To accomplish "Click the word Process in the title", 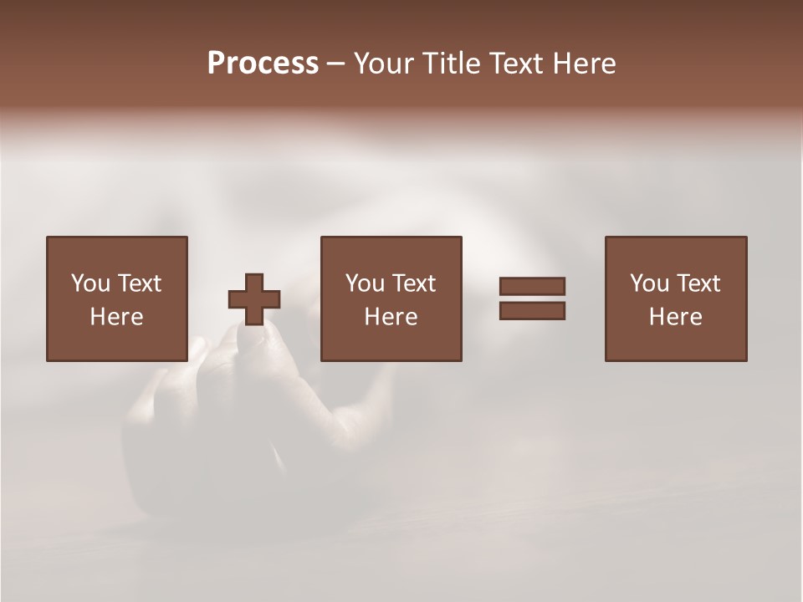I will [x=263, y=64].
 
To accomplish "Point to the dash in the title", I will [x=336, y=64].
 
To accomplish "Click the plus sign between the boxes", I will [x=254, y=299].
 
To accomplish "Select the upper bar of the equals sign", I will [x=532, y=287].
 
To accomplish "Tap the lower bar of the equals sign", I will [x=532, y=311].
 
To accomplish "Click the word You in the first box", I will [x=90, y=283].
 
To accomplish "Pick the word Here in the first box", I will [x=116, y=317].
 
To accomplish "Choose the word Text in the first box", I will [x=138, y=283].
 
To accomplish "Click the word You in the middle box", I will [x=365, y=283].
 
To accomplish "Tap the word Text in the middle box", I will [x=413, y=283].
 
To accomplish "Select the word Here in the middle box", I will [x=391, y=317].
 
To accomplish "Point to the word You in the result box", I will [x=649, y=283].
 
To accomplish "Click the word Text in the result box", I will [x=698, y=283].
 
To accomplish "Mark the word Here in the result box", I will [x=676, y=317].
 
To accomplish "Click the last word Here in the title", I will [x=584, y=64].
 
